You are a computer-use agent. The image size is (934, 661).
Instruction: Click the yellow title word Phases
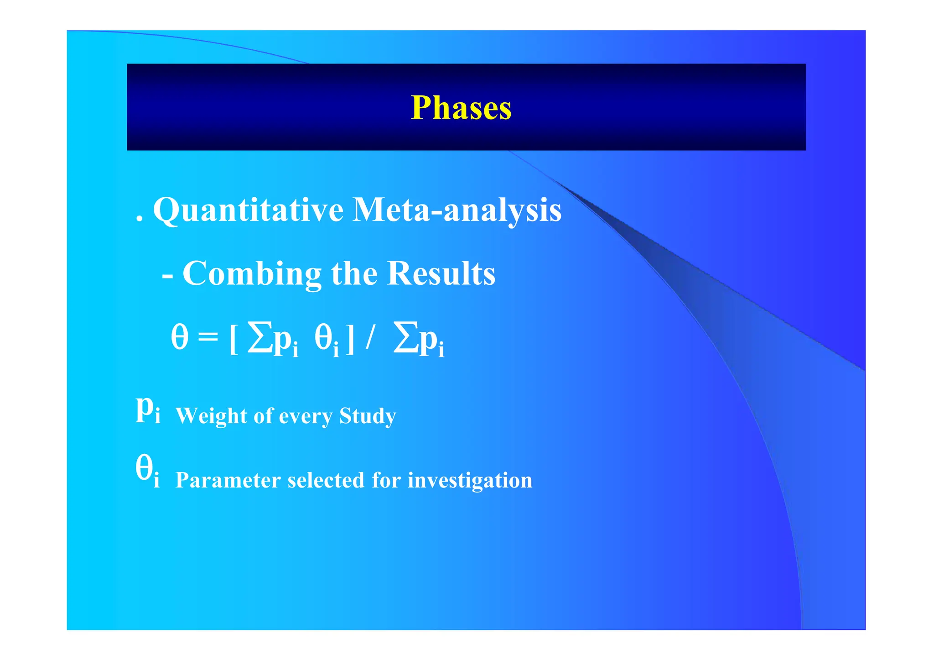(x=461, y=108)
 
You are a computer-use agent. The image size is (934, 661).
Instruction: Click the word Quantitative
(x=248, y=210)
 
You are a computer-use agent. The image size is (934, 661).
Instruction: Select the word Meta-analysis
(x=457, y=210)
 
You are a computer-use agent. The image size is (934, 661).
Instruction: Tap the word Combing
(x=252, y=274)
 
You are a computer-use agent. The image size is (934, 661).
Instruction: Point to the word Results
(x=441, y=274)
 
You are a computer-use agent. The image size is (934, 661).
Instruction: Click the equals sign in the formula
(x=208, y=339)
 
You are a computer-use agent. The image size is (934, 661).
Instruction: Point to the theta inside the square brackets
(x=323, y=339)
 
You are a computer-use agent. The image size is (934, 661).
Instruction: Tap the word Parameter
(x=228, y=480)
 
